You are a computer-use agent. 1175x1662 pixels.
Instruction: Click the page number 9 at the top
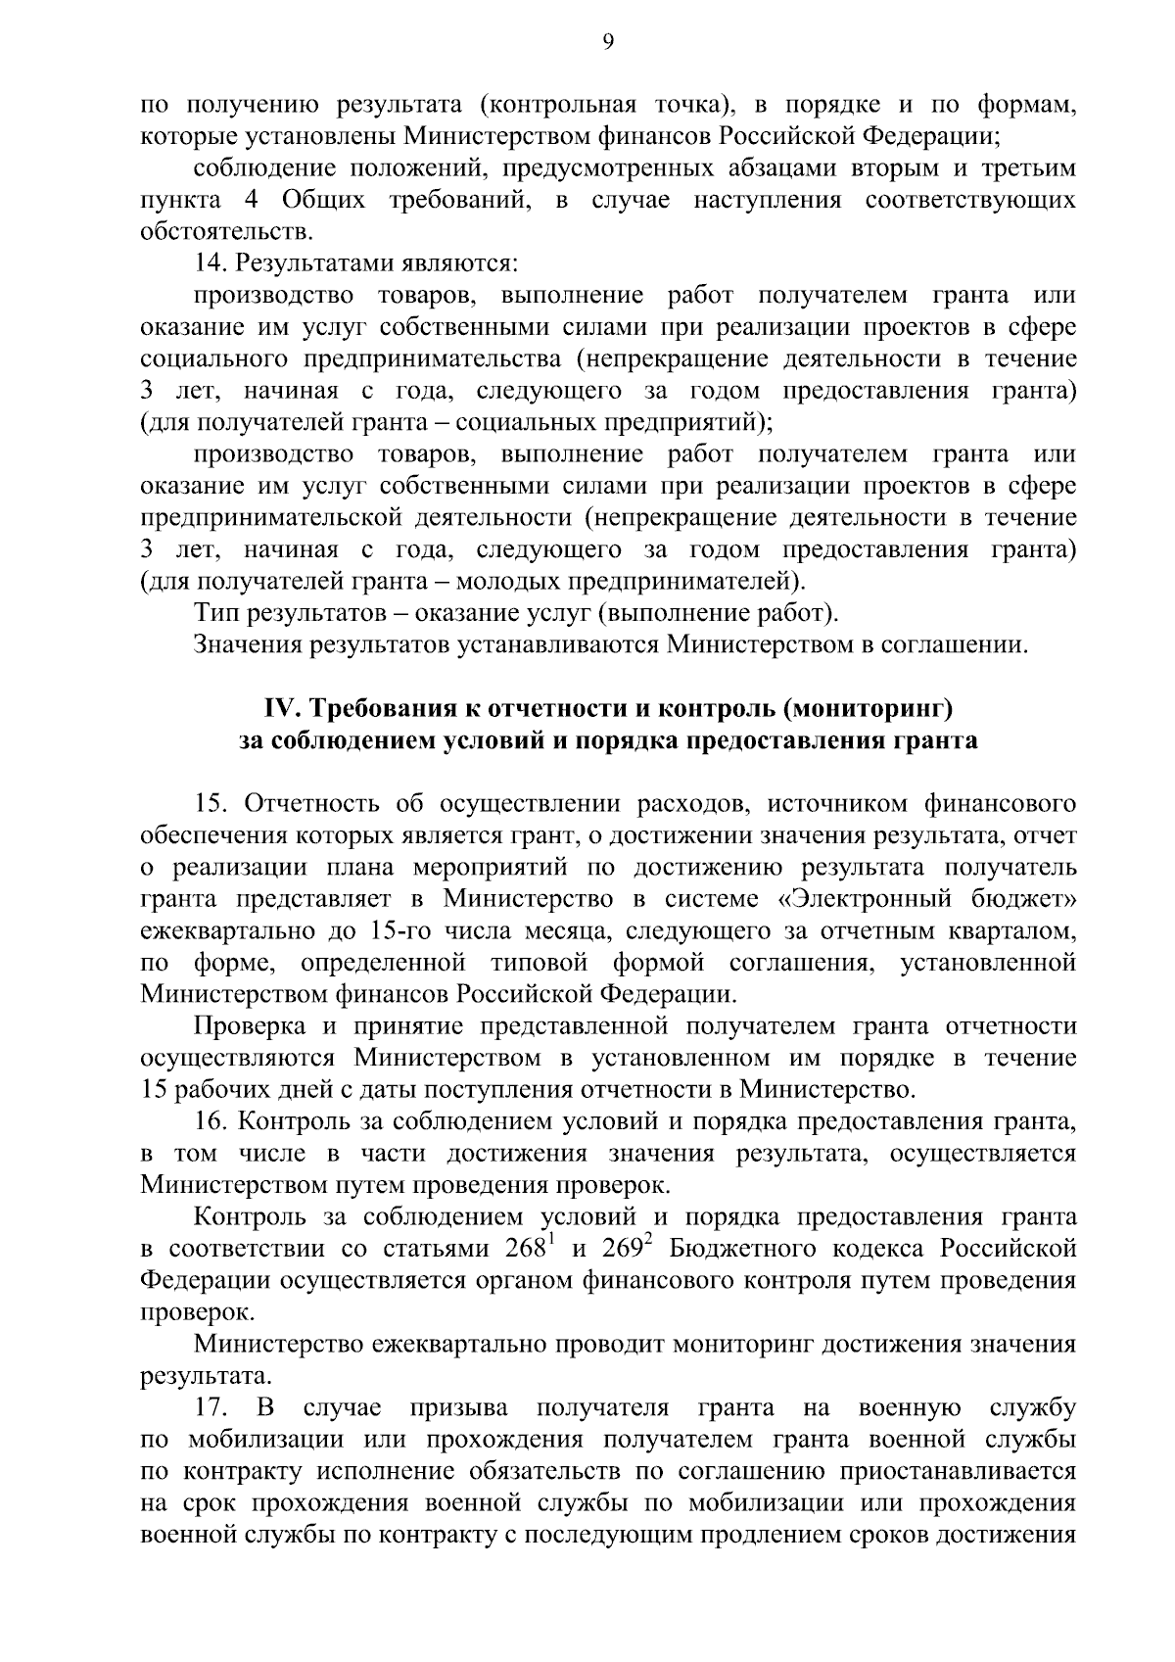(x=607, y=42)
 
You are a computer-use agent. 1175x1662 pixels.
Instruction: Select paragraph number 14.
(x=211, y=263)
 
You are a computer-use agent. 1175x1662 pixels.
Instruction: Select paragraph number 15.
(x=212, y=804)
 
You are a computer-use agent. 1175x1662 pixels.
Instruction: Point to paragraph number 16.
(x=212, y=1121)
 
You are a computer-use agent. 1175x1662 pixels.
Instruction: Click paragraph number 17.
(x=211, y=1407)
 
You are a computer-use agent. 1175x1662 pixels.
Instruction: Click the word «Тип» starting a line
(x=216, y=614)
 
